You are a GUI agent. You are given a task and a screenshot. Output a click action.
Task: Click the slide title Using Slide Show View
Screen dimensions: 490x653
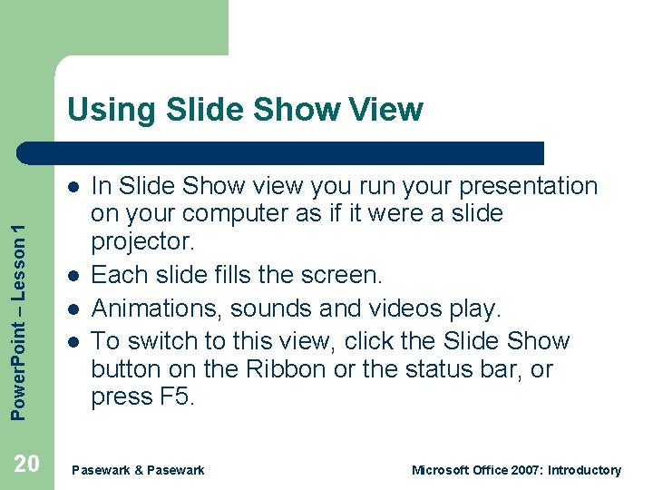pos(245,110)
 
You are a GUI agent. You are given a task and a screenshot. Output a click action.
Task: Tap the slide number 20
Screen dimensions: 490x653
pos(27,465)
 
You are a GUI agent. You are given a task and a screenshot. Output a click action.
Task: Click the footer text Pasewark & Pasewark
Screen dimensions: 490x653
pos(138,470)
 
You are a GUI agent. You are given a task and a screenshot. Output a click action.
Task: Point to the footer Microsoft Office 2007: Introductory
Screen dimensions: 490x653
pos(516,470)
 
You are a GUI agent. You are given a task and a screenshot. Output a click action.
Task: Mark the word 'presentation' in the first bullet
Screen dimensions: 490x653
pos(529,187)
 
